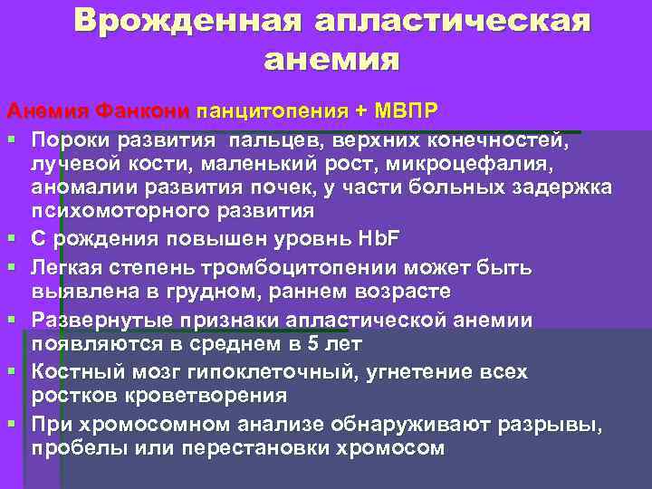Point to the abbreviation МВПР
click(404, 111)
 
